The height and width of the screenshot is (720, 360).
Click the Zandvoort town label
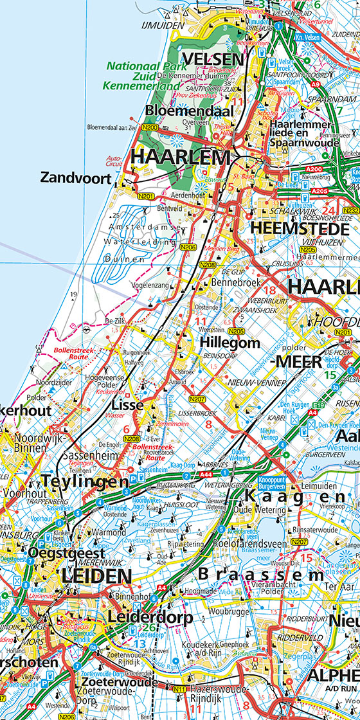[x=75, y=177]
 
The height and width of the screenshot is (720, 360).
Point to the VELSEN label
[x=213, y=60]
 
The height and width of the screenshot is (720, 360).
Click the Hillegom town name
[x=230, y=341]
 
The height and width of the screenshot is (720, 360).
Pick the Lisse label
[x=127, y=405]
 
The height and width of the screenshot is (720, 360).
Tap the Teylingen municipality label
[x=85, y=481]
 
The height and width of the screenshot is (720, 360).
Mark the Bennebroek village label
[x=227, y=283]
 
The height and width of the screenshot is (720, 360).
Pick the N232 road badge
[x=352, y=210]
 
